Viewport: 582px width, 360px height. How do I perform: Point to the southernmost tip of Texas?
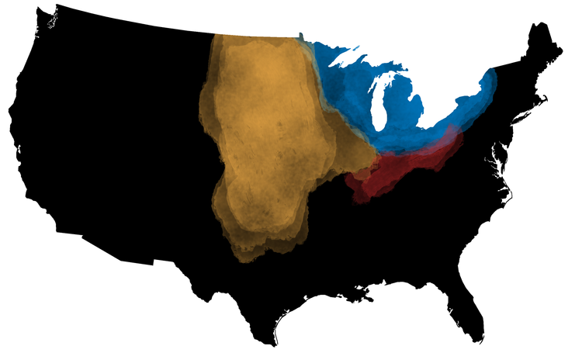click(x=273, y=342)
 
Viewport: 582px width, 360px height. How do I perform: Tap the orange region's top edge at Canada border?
click(x=256, y=37)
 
